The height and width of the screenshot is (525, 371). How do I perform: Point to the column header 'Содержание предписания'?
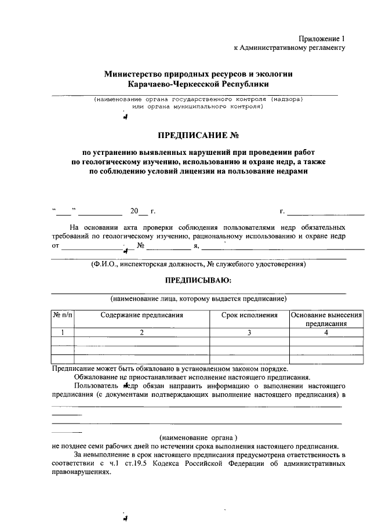point(141,316)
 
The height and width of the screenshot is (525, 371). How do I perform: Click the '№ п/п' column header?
point(62,316)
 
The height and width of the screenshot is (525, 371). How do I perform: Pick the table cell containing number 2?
point(141,332)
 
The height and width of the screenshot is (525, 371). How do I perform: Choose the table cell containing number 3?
point(249,332)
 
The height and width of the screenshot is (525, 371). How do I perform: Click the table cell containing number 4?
point(326,332)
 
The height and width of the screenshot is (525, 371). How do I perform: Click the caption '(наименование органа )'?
point(199,437)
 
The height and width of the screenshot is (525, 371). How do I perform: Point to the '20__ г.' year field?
point(142,211)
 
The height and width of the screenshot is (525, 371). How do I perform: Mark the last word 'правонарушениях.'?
point(80,473)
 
